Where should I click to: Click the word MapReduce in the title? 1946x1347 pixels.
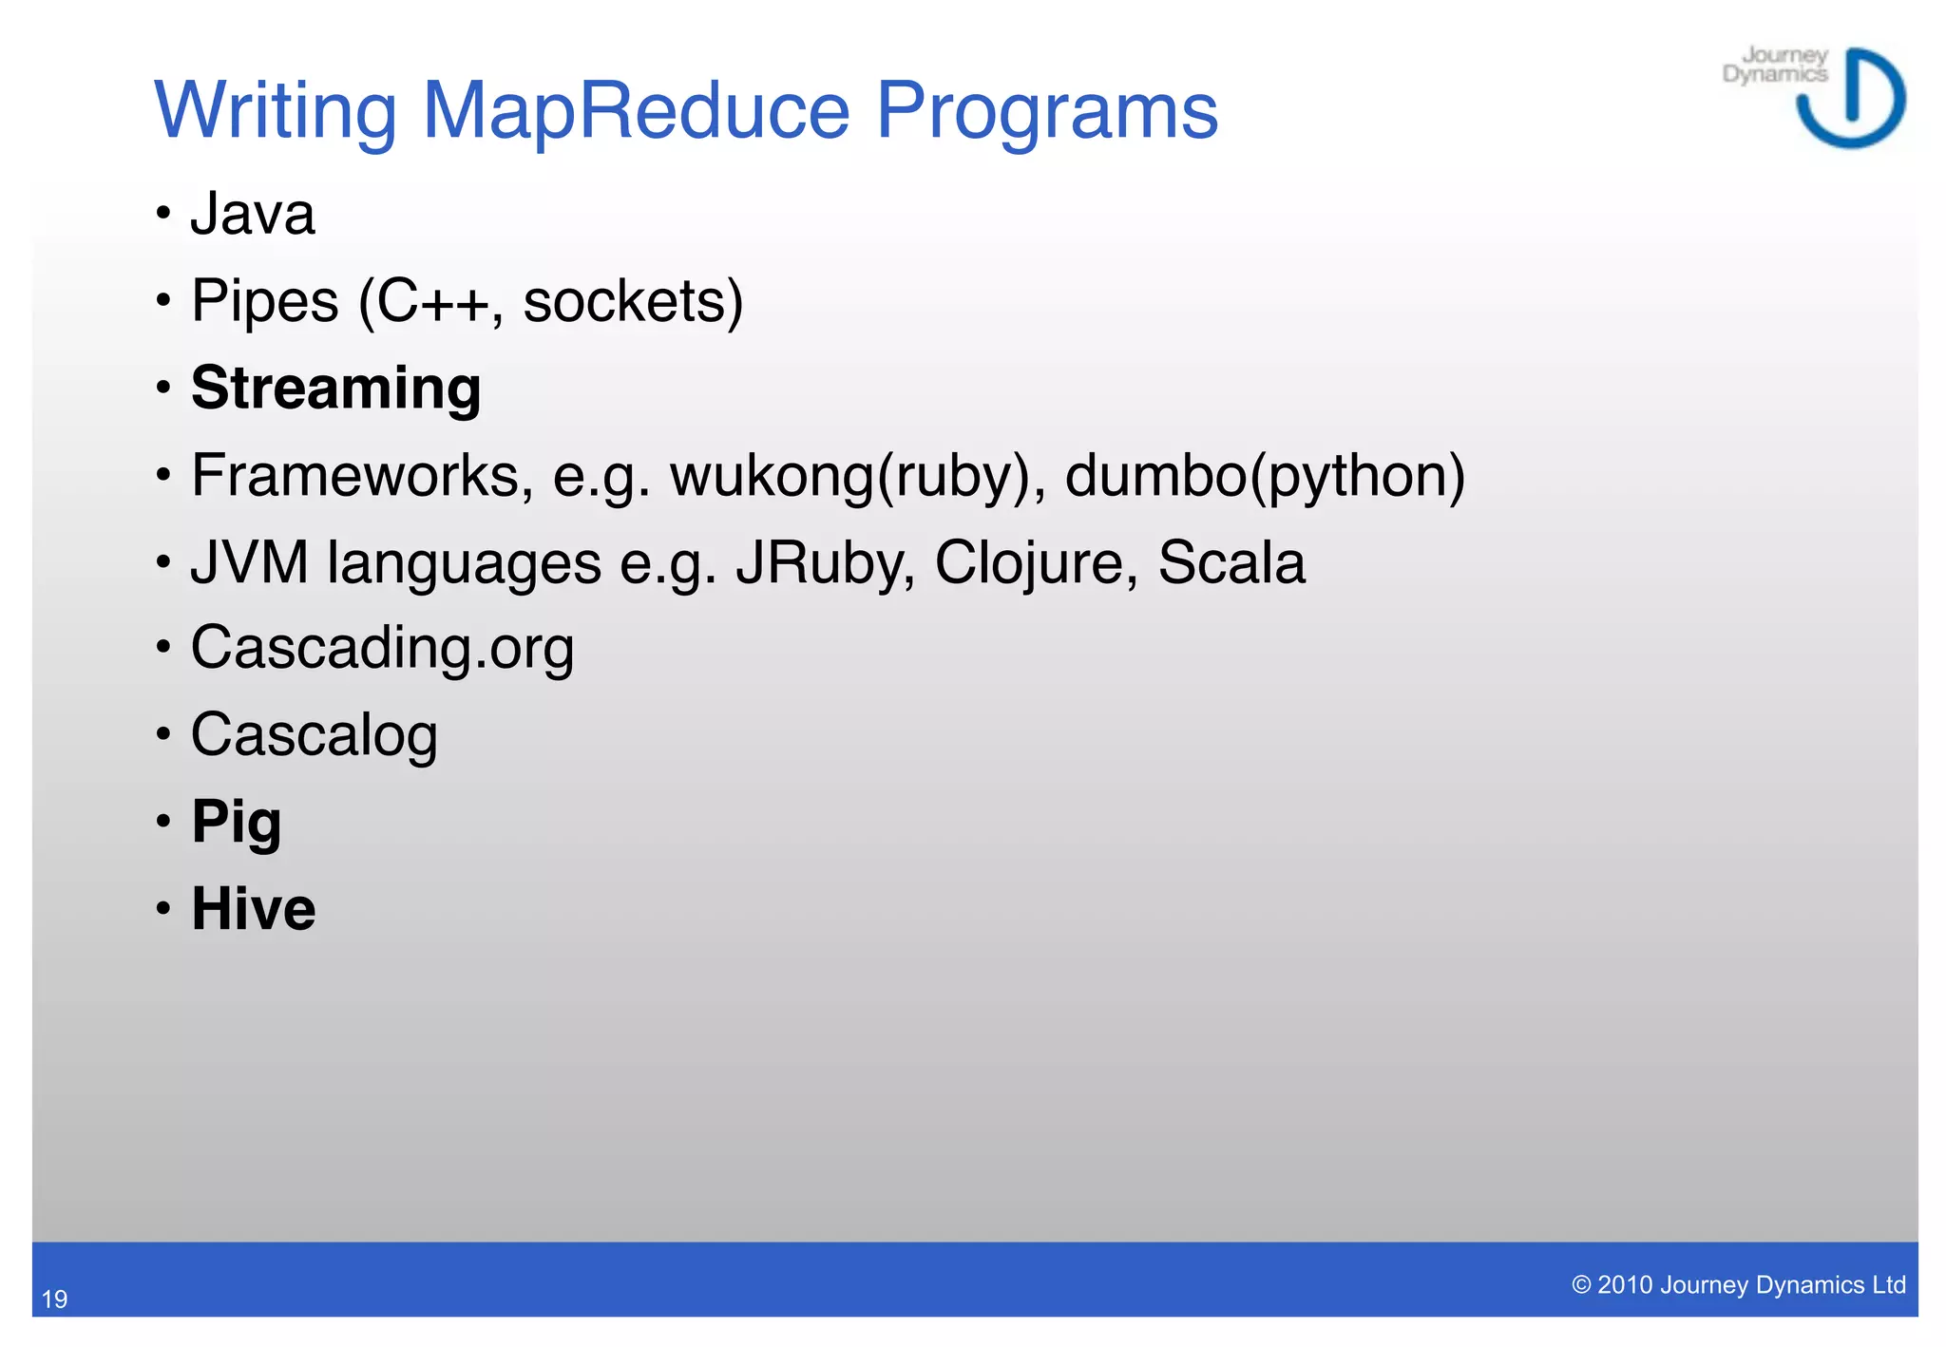(x=635, y=111)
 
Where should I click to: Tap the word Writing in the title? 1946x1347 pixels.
(x=275, y=111)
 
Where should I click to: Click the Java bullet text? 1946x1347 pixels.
(x=252, y=214)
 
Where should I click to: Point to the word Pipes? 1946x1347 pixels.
(x=264, y=301)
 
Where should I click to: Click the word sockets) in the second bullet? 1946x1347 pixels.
(x=633, y=301)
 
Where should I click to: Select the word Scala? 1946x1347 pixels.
(x=1231, y=562)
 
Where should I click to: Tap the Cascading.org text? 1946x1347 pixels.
(x=382, y=649)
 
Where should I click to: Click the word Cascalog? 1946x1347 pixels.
(x=314, y=735)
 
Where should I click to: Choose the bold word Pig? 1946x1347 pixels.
(x=236, y=822)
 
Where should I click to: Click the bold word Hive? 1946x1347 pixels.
(x=253, y=909)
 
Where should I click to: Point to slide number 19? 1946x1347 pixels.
(x=54, y=1299)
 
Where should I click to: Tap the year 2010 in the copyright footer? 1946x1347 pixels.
(x=1624, y=1285)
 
